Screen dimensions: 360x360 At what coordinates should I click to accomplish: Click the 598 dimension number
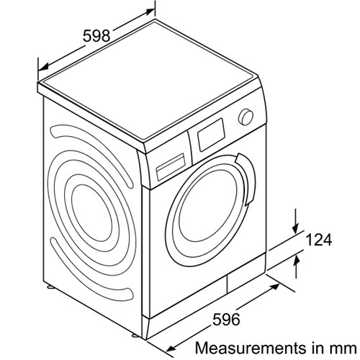tap(96, 36)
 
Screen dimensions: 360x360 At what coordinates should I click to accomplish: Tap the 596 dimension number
tap(226, 320)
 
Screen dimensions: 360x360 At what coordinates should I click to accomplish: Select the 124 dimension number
tap(319, 240)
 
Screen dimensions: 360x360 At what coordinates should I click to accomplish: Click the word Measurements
tap(248, 348)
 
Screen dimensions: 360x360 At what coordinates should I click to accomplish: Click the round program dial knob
tap(246, 117)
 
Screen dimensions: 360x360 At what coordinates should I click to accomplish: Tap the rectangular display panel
tap(211, 135)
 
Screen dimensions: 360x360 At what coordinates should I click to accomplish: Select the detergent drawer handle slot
tap(171, 166)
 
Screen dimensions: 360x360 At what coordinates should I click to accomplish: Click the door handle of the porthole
tap(246, 179)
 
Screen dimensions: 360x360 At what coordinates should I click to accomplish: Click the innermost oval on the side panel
tap(92, 212)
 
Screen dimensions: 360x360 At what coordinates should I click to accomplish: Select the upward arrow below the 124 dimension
tap(297, 266)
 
